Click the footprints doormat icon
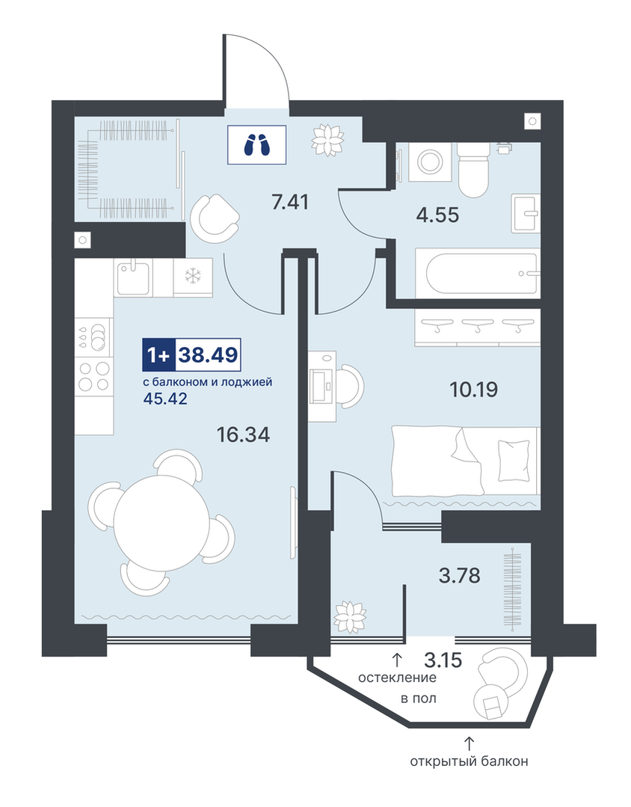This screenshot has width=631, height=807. (x=257, y=144)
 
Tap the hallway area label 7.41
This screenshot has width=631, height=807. (x=290, y=202)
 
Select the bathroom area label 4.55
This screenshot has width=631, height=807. (x=437, y=215)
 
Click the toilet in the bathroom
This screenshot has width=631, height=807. (x=473, y=168)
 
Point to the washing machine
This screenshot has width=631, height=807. (x=430, y=162)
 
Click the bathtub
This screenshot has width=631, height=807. (x=483, y=272)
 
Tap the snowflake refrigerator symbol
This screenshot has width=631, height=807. (x=193, y=277)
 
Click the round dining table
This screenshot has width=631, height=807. (x=161, y=522)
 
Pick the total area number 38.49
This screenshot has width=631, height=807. (x=208, y=355)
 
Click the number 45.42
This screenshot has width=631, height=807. (x=164, y=398)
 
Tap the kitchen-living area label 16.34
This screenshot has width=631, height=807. (x=243, y=435)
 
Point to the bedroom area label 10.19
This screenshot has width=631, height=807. (x=473, y=389)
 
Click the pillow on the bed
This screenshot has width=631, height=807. (x=514, y=460)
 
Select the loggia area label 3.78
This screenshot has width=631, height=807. (x=460, y=575)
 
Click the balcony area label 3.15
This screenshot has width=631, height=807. (x=443, y=660)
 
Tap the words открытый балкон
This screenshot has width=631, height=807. (x=469, y=761)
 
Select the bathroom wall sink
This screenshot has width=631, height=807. (x=526, y=213)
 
